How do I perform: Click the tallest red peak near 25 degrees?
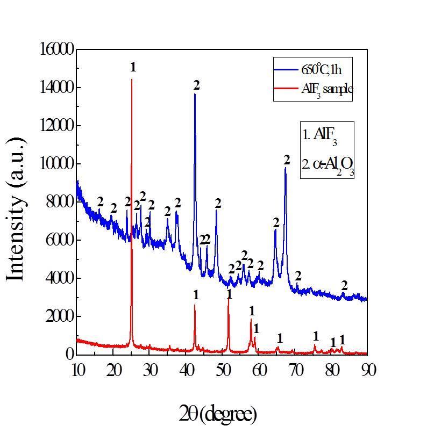coord(132,81)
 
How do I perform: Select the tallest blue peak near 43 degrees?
coord(195,95)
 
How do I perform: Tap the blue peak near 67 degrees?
coord(286,168)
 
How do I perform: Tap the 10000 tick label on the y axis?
coord(56,164)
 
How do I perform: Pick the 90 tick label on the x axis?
coord(368,370)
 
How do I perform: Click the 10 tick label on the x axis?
coord(77,370)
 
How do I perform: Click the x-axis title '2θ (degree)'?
coord(218,414)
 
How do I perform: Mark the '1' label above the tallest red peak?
coord(133,67)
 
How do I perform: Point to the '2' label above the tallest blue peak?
coord(196,85)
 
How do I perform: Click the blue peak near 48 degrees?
coord(216,211)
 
